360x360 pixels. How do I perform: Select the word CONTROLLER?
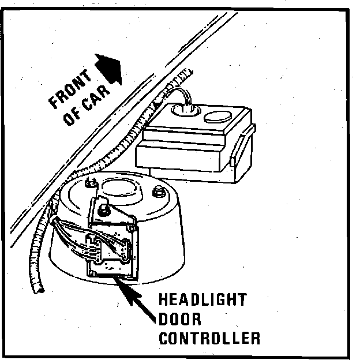209,337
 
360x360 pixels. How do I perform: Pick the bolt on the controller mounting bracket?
105,210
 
